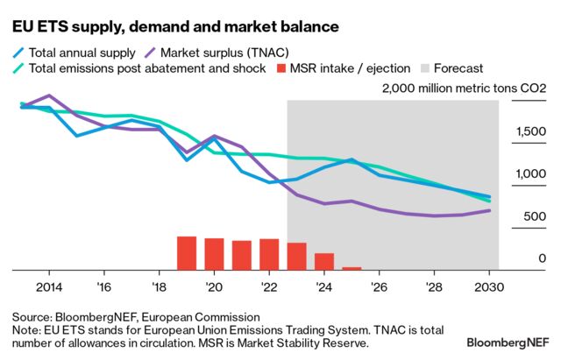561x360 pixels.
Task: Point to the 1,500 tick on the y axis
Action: (529, 131)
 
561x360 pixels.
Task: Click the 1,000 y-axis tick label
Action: (529, 174)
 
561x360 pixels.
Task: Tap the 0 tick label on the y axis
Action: (543, 259)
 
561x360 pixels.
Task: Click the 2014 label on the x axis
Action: (48, 286)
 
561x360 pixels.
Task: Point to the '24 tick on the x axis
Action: (323, 286)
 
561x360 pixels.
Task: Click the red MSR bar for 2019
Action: (186, 253)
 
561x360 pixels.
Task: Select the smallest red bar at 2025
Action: (352, 268)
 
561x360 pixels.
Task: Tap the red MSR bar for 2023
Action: (297, 256)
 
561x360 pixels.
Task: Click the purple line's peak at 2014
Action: (48, 95)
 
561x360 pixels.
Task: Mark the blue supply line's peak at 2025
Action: (352, 159)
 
